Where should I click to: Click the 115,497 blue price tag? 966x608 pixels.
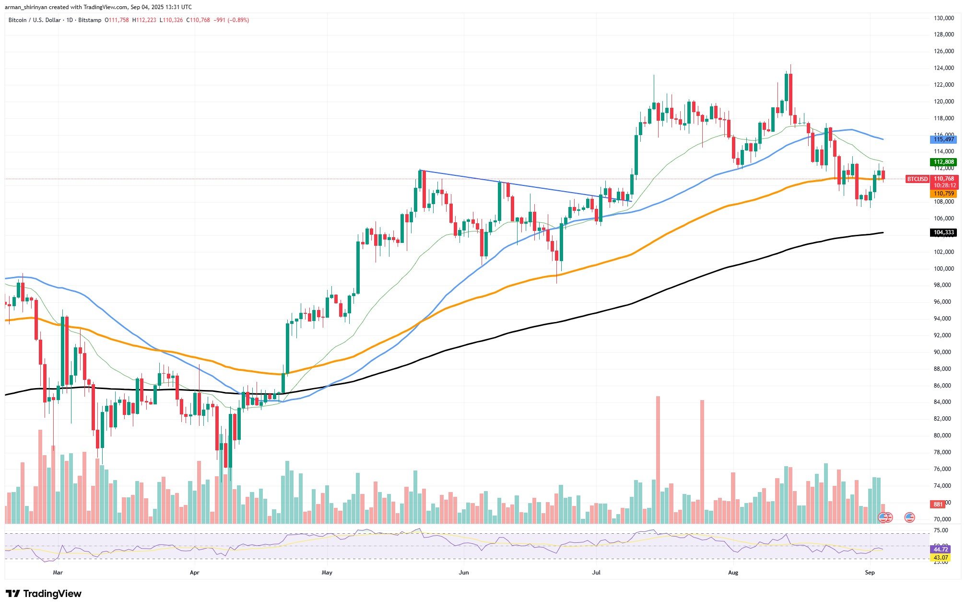(943, 139)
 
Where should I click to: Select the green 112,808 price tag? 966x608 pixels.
(943, 162)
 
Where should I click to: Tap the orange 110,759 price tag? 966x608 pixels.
(943, 194)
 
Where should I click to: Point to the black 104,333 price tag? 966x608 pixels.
(943, 233)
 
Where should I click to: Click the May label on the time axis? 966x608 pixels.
(327, 573)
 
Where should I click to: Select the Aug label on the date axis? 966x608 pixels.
(733, 573)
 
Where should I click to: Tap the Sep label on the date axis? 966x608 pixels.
(870, 573)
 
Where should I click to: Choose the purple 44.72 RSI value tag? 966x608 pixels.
(940, 549)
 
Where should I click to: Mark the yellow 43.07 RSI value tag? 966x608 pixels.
(940, 558)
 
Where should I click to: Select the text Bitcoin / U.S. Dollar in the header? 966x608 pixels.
(35, 20)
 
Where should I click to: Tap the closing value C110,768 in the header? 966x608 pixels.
(198, 20)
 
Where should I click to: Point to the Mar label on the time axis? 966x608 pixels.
(58, 573)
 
